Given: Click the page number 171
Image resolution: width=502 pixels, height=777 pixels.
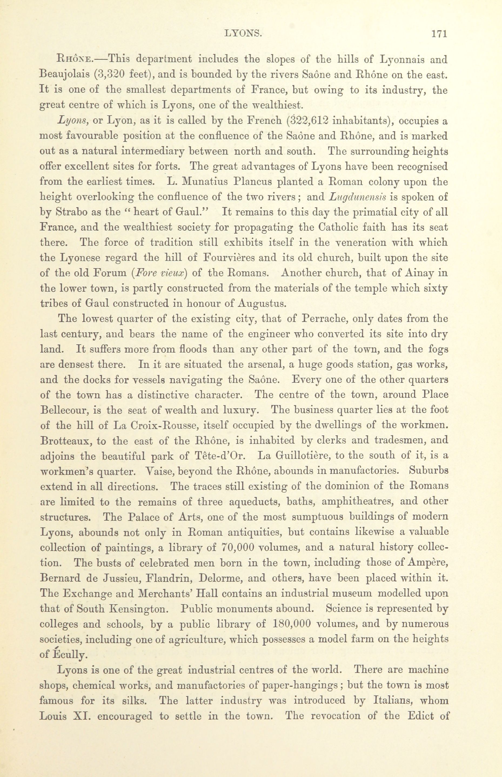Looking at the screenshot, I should tap(439, 34).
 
